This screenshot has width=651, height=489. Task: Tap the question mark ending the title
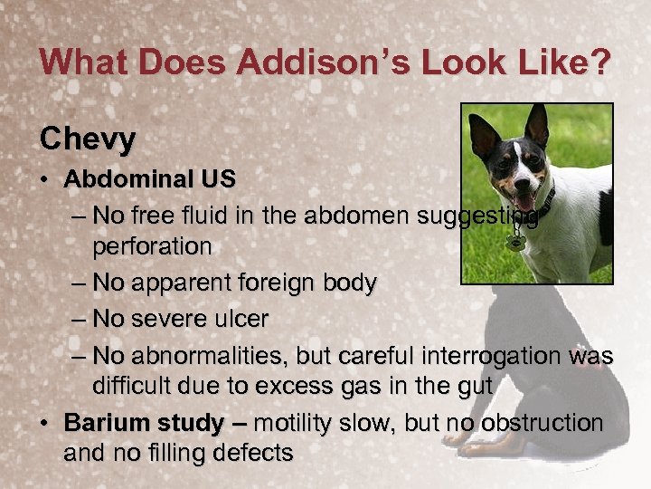pos(599,62)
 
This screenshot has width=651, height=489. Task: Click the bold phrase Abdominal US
pos(149,178)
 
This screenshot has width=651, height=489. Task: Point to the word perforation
pos(152,245)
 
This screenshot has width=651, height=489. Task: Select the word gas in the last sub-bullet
pos(379,387)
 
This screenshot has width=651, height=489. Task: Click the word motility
pos(295,423)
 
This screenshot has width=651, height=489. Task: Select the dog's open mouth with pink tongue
pos(525,198)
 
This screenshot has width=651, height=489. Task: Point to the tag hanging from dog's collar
pos(516,242)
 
